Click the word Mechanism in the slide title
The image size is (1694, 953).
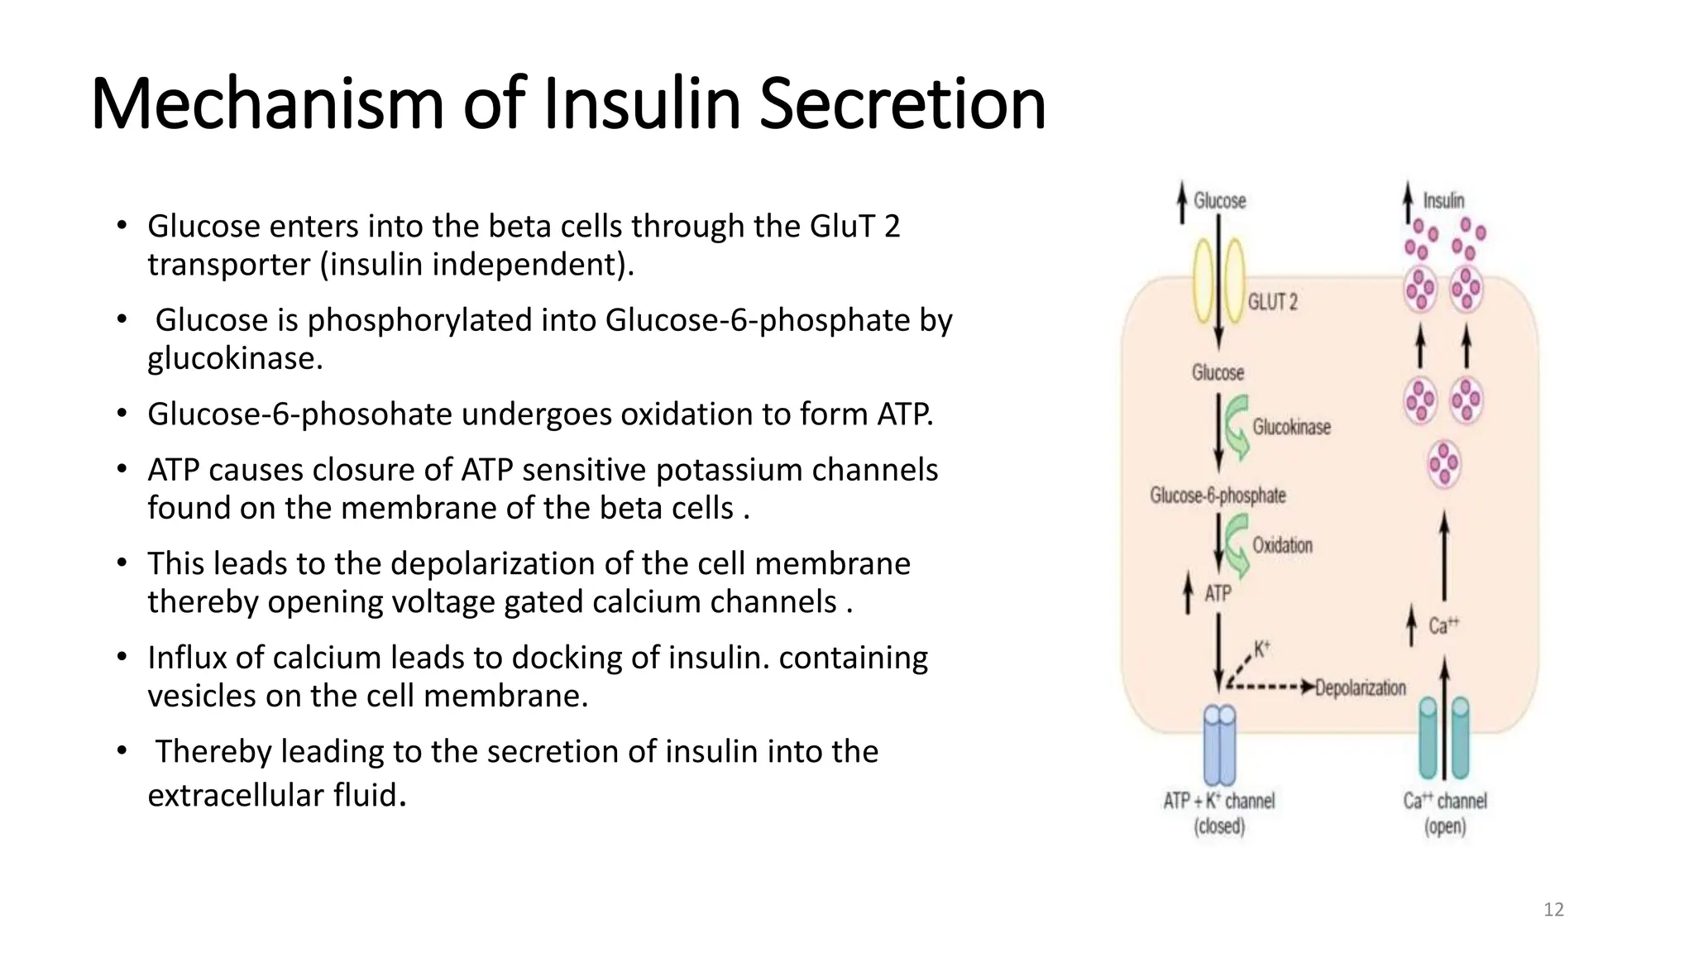267,104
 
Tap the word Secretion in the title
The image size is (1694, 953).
902,104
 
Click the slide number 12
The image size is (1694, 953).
1553,910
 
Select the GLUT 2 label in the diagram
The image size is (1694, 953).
1272,302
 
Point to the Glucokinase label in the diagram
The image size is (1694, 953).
1291,427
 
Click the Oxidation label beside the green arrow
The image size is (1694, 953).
1282,545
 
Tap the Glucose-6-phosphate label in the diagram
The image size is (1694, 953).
1218,496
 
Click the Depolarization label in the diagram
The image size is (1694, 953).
1360,687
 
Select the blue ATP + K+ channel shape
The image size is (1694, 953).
1219,745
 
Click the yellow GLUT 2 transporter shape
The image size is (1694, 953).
1218,281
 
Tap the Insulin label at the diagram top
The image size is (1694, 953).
1443,201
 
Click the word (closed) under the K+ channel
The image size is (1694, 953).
1219,826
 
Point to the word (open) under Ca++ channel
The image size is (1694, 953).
1444,826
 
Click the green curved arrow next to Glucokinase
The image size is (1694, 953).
1237,428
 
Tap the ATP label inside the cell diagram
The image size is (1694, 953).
1218,594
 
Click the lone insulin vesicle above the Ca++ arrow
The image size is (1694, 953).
1444,463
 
